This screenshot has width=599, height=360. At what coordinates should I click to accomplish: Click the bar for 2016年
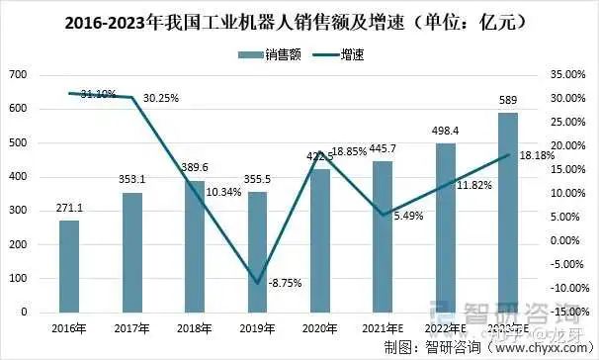(x=69, y=266)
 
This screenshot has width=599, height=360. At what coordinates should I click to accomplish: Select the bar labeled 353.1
(x=131, y=252)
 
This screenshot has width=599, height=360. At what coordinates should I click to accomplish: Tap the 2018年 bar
(x=194, y=246)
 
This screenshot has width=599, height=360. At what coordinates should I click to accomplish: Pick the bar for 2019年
(x=256, y=252)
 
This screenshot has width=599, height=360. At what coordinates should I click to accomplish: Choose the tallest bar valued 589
(x=508, y=213)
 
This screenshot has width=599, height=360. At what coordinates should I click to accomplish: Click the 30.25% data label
(x=162, y=99)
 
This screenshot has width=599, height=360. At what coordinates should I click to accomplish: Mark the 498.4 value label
(x=445, y=131)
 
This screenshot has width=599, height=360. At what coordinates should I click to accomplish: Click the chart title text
(x=299, y=20)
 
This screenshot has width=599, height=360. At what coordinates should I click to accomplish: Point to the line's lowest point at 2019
(x=257, y=283)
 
